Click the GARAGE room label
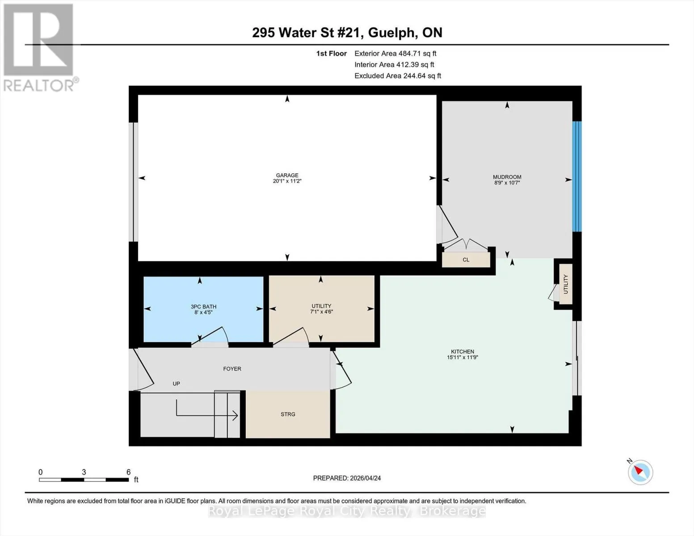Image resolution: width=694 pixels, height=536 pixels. tap(287, 175)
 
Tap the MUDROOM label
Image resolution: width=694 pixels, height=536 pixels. tap(507, 177)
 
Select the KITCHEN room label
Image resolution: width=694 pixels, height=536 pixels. tap(463, 352)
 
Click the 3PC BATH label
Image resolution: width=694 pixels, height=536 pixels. tap(203, 306)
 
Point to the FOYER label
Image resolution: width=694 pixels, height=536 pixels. tap(232, 368)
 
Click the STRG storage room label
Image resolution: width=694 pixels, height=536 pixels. tap(288, 414)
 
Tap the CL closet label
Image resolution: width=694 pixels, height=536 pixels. tap(466, 260)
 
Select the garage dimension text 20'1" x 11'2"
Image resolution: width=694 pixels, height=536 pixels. tap(287, 181)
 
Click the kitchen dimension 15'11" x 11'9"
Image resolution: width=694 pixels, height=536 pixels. tap(463, 357)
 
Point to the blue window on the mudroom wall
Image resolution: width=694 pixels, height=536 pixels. tap(576, 176)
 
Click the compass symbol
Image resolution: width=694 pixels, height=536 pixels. tap(640, 472)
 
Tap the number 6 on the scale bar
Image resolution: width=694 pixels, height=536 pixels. tap(128, 472)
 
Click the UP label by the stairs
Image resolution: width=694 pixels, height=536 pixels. tap(177, 383)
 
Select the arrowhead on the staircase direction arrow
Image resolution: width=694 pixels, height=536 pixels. tap(236, 415)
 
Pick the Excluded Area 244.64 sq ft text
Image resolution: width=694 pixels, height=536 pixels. tap(398, 75)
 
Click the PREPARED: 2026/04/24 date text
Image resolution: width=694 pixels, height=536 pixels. tap(347, 478)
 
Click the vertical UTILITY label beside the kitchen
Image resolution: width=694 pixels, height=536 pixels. tap(566, 284)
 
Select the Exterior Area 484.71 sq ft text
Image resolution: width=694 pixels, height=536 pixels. tap(395, 53)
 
